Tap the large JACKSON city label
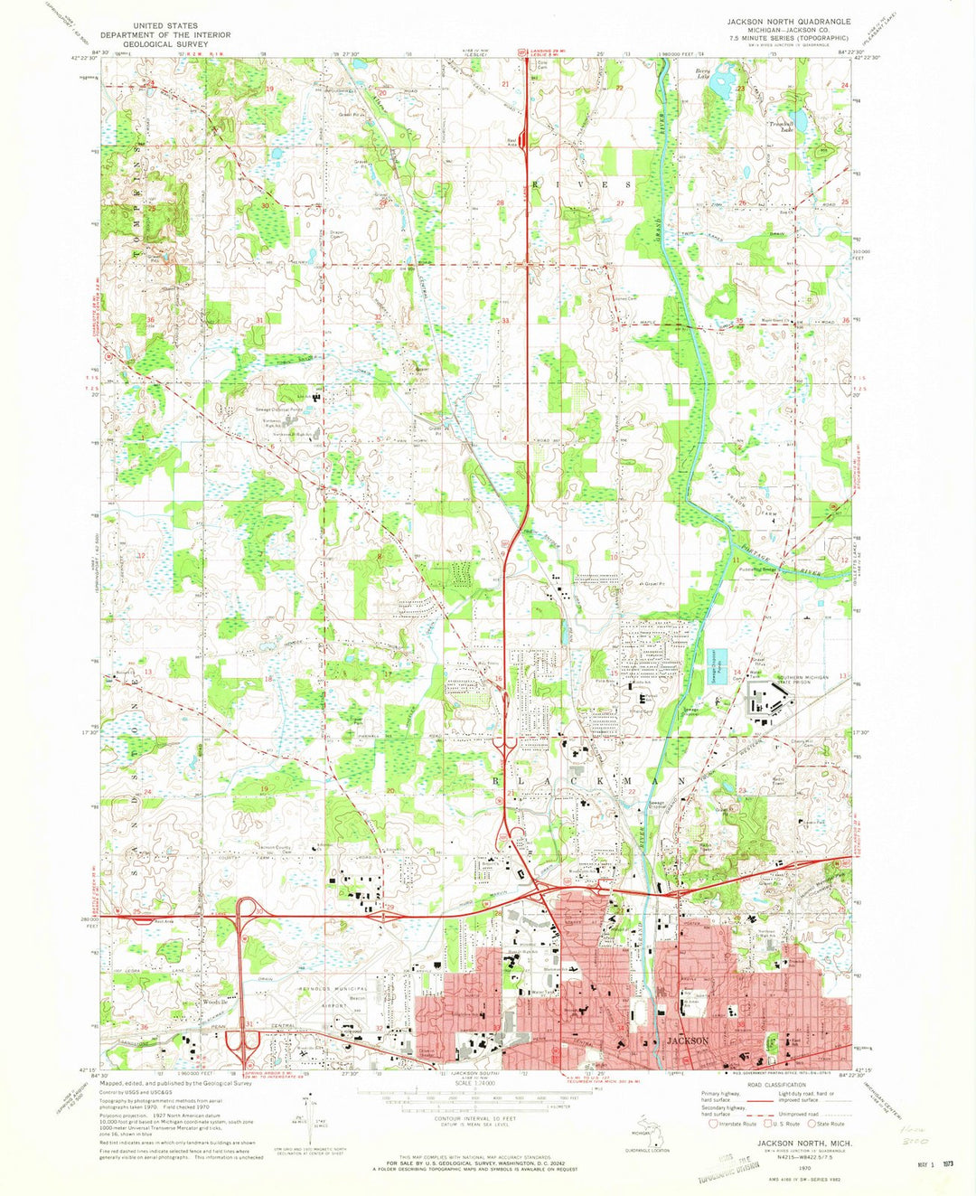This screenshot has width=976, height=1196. tap(688, 1041)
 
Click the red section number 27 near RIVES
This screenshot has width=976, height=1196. tap(620, 203)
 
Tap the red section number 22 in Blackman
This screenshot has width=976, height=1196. tap(633, 792)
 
